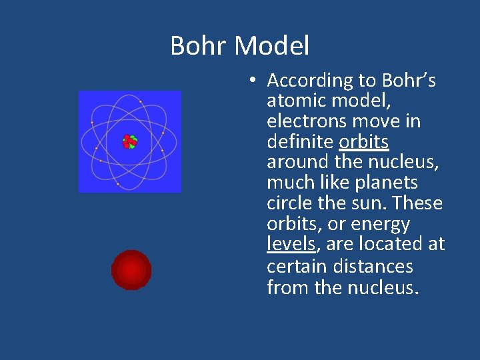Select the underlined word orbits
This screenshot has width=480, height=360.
(364, 142)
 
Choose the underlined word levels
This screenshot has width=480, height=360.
(291, 245)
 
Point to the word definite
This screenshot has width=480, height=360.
(300, 142)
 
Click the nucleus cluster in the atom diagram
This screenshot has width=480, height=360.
(129, 141)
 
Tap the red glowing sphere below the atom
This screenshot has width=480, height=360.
(131, 270)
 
